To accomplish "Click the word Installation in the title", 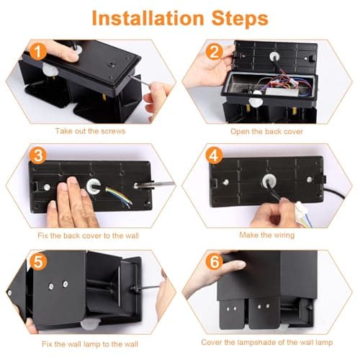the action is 148,18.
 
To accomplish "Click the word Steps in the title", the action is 240,19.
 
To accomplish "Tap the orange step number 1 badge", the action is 38,52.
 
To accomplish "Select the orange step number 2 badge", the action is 215,52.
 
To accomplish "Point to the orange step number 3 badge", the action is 38,156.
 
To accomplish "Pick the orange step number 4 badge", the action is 215,156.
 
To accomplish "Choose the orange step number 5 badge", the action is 38,261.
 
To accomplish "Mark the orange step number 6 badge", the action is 215,261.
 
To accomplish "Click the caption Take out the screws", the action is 90,131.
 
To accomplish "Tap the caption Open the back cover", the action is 266,132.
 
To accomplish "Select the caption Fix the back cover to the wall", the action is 88,235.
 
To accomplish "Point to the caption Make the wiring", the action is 266,235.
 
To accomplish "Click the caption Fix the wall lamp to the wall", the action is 90,344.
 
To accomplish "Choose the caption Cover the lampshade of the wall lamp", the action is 267,342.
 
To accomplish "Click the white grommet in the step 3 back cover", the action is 94,186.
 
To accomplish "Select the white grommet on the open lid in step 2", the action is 275,57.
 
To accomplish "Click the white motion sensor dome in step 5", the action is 91,323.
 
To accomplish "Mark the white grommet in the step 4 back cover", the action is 269,181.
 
